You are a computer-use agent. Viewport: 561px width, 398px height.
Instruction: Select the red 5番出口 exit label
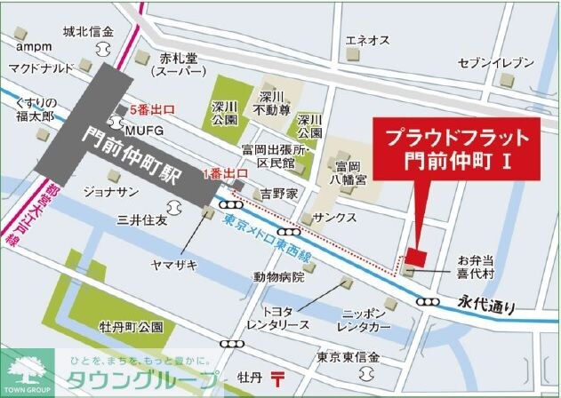point(151,111)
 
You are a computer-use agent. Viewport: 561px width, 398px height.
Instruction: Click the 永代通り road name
point(487,305)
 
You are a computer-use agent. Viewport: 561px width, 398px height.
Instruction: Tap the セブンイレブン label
point(496,63)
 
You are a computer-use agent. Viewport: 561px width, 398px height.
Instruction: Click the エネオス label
point(368,41)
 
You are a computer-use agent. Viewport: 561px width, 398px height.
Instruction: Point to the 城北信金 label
point(88,33)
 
